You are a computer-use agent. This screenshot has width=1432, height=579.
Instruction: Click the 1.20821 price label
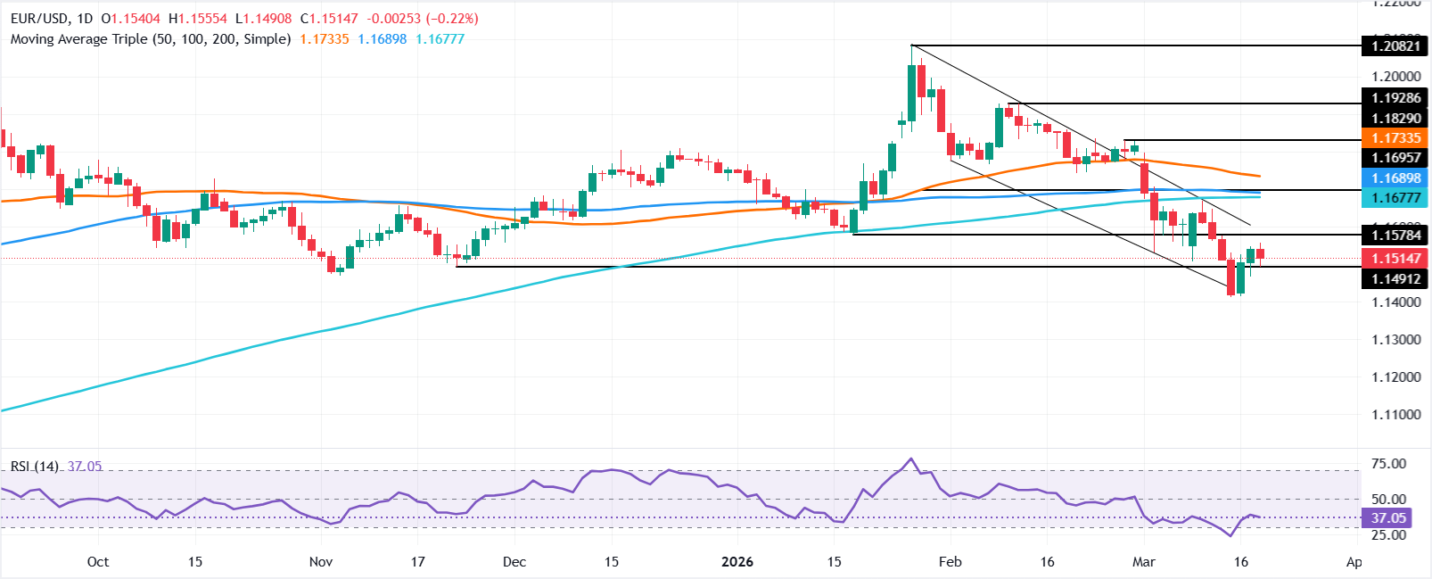point(1395,45)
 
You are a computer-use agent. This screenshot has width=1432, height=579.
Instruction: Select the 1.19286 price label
point(1395,98)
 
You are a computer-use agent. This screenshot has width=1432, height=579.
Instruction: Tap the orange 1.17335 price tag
point(1395,138)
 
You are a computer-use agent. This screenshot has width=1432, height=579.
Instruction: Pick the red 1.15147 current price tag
point(1395,259)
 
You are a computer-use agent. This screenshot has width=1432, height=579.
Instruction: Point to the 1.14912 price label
point(1395,279)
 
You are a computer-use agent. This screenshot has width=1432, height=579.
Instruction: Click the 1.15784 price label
point(1395,236)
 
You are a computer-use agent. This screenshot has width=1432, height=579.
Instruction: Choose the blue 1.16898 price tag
point(1395,178)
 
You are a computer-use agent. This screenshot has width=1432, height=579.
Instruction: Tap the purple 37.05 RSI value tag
point(1388,518)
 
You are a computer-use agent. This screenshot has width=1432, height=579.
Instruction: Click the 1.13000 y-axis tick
point(1395,340)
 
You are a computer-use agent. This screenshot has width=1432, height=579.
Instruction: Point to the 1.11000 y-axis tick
point(1395,415)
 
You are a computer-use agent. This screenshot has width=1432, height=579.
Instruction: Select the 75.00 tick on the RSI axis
point(1388,464)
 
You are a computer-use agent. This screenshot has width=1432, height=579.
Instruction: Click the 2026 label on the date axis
point(737,562)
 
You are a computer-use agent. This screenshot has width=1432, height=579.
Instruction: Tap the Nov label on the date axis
point(320,562)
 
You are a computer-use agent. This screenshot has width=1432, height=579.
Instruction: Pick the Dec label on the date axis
point(514,562)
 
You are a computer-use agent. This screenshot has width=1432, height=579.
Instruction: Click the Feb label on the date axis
point(951,562)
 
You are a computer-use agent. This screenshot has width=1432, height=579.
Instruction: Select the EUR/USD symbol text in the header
point(40,19)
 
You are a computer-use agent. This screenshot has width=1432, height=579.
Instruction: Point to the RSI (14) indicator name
point(35,467)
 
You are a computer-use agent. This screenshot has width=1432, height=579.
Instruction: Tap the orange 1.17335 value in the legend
point(325,39)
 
